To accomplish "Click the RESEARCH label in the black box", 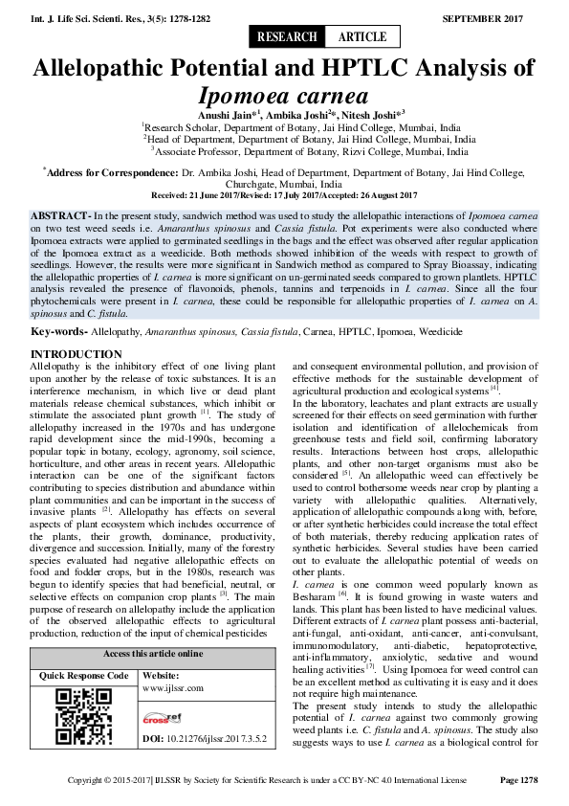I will [287, 37].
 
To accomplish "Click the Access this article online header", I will [153, 654].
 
